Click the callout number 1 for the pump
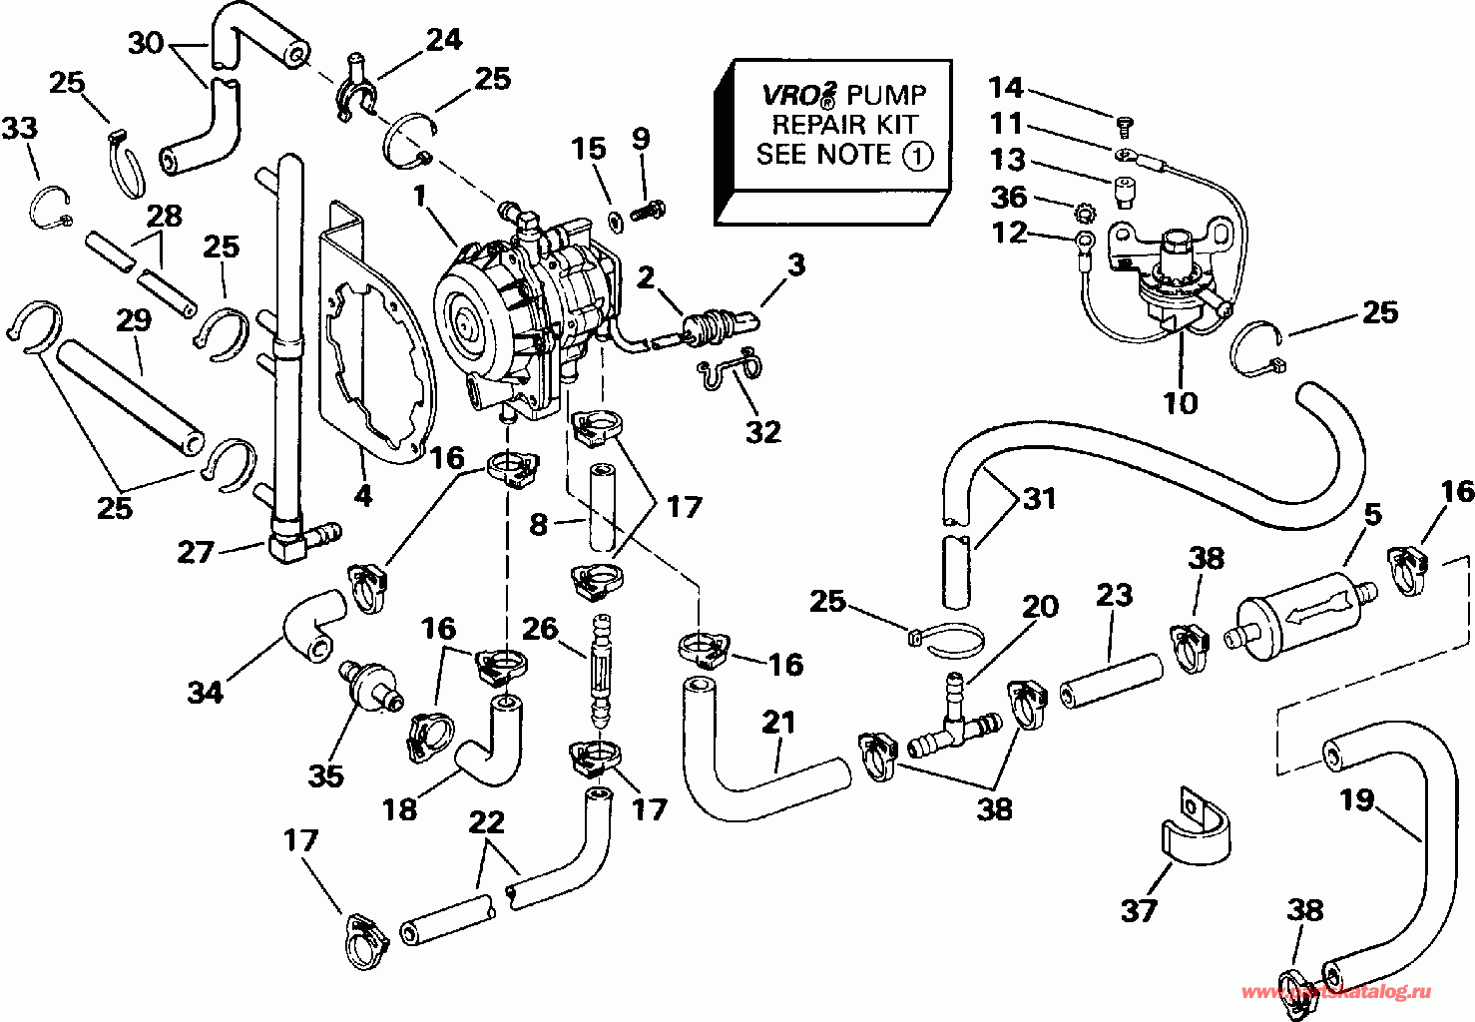[421, 196]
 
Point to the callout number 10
[1181, 402]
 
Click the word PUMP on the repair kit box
[888, 95]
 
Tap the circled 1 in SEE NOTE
[918, 156]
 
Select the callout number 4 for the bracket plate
[363, 495]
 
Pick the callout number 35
[326, 775]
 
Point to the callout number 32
[762, 432]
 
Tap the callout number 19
[1357, 800]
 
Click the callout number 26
[540, 628]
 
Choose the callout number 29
[134, 321]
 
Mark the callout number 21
[779, 722]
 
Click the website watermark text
[1337, 992]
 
